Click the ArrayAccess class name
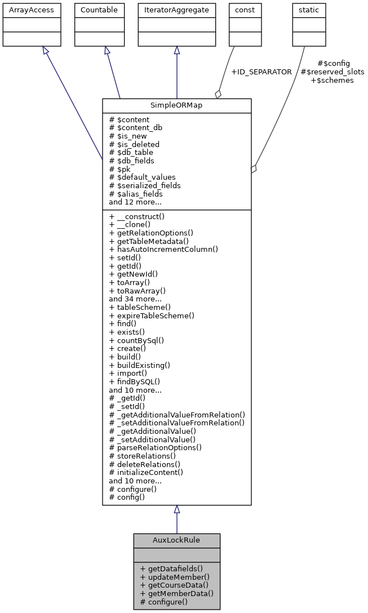24,10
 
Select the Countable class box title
99,10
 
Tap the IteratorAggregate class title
176,10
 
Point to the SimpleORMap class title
176,105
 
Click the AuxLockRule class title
176,540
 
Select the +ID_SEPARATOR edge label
261,72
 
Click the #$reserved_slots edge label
332,72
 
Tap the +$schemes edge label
332,81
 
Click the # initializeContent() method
146,472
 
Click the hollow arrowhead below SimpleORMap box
176,509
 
